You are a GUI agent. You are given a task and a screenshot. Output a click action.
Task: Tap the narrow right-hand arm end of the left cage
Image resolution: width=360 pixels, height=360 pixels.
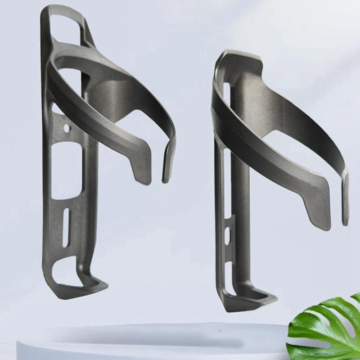click(x=167, y=162)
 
